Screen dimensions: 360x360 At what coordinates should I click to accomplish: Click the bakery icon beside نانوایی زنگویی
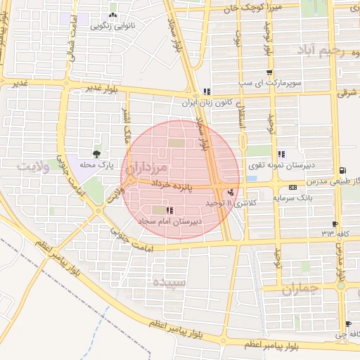pos(112,15)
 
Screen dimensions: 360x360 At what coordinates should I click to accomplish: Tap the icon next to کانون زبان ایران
pos(207,91)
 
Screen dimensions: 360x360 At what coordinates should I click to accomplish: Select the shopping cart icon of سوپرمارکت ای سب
pos(269,72)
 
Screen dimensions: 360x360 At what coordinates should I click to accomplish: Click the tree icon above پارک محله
pos(96,153)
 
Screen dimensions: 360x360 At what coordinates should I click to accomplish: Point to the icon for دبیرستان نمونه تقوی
pos(281,154)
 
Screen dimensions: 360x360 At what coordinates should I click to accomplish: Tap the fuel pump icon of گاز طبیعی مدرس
pos(342,171)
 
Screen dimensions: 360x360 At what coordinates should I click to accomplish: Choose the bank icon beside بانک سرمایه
pos(292,188)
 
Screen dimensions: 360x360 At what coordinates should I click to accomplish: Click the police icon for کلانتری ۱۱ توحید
pos(231,192)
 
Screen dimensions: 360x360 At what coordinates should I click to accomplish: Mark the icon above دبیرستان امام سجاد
pos(168,210)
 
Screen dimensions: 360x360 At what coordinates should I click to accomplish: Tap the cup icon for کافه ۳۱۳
pos(335,225)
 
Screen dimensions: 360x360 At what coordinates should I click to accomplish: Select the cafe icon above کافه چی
pos(347,324)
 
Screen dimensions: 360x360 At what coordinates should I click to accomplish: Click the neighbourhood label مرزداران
pos(145,169)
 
